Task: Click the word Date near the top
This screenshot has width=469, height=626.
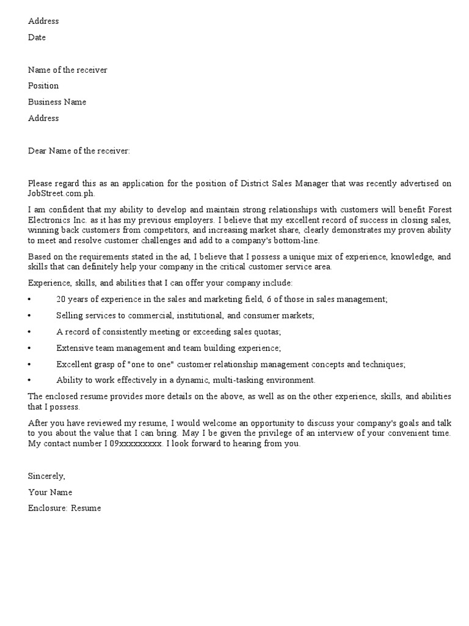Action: (x=37, y=37)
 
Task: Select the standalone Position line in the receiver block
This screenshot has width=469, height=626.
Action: (x=43, y=86)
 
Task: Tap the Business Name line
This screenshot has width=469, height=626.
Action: (x=57, y=102)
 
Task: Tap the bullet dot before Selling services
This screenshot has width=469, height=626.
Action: (x=29, y=315)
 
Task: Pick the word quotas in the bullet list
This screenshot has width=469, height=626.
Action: (x=267, y=331)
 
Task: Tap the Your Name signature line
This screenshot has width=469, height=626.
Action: (x=50, y=492)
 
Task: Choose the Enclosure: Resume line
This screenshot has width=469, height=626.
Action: (x=65, y=508)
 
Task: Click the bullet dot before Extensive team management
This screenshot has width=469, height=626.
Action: (x=29, y=348)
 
